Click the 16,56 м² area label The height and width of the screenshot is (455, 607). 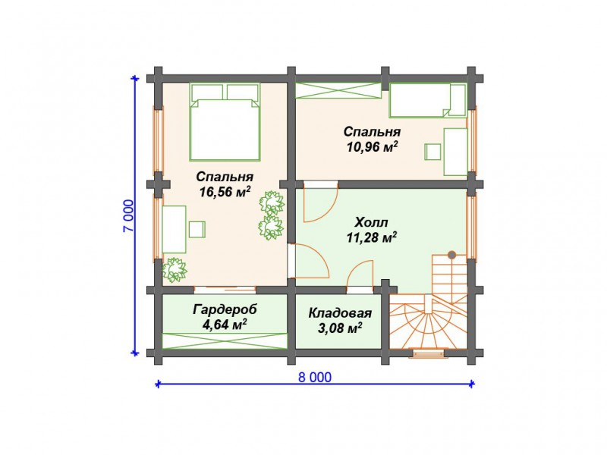(x=225, y=192)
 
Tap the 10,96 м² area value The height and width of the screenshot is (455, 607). (x=373, y=147)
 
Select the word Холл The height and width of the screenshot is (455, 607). (x=371, y=223)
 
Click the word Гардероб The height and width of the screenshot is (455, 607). (x=225, y=310)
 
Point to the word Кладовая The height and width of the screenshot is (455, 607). (x=340, y=313)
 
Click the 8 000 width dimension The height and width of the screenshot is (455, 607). (x=315, y=377)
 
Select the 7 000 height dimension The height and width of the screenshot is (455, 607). (x=128, y=216)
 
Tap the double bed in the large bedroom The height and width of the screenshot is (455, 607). (x=225, y=122)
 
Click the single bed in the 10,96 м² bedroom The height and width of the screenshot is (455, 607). (x=427, y=100)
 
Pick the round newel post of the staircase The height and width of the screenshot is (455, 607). (x=451, y=255)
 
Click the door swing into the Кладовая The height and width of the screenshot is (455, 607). (x=360, y=275)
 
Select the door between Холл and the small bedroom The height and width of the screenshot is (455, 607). (x=320, y=203)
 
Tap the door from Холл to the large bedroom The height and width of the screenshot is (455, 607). (x=310, y=261)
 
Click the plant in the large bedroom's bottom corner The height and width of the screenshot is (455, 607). (x=175, y=270)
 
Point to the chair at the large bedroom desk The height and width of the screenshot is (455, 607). (x=197, y=229)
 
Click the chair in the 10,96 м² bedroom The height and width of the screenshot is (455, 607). (x=432, y=152)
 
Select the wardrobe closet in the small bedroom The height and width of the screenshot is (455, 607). (x=338, y=90)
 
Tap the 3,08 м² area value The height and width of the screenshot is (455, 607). (x=340, y=328)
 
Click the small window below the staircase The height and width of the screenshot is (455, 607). (x=428, y=353)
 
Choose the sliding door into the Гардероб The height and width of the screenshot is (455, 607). (x=225, y=289)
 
